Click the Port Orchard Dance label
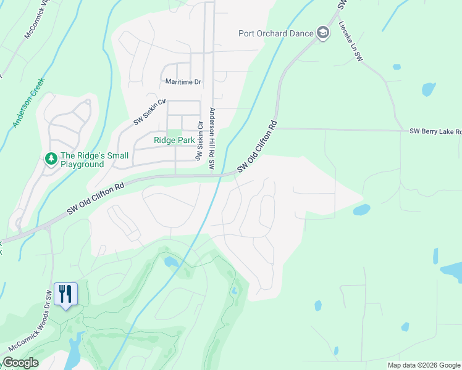point(276,33)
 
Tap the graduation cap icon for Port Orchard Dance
point(322,33)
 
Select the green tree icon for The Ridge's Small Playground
point(51,160)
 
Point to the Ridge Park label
point(174,141)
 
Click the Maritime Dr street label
point(183,81)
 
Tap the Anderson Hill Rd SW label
point(211,139)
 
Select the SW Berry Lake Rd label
point(435,131)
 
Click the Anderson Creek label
point(29,102)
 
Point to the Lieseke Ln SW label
point(350,41)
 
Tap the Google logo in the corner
point(20,363)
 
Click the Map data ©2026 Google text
point(424,365)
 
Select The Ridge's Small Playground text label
point(82,160)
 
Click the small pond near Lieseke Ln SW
point(428,89)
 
